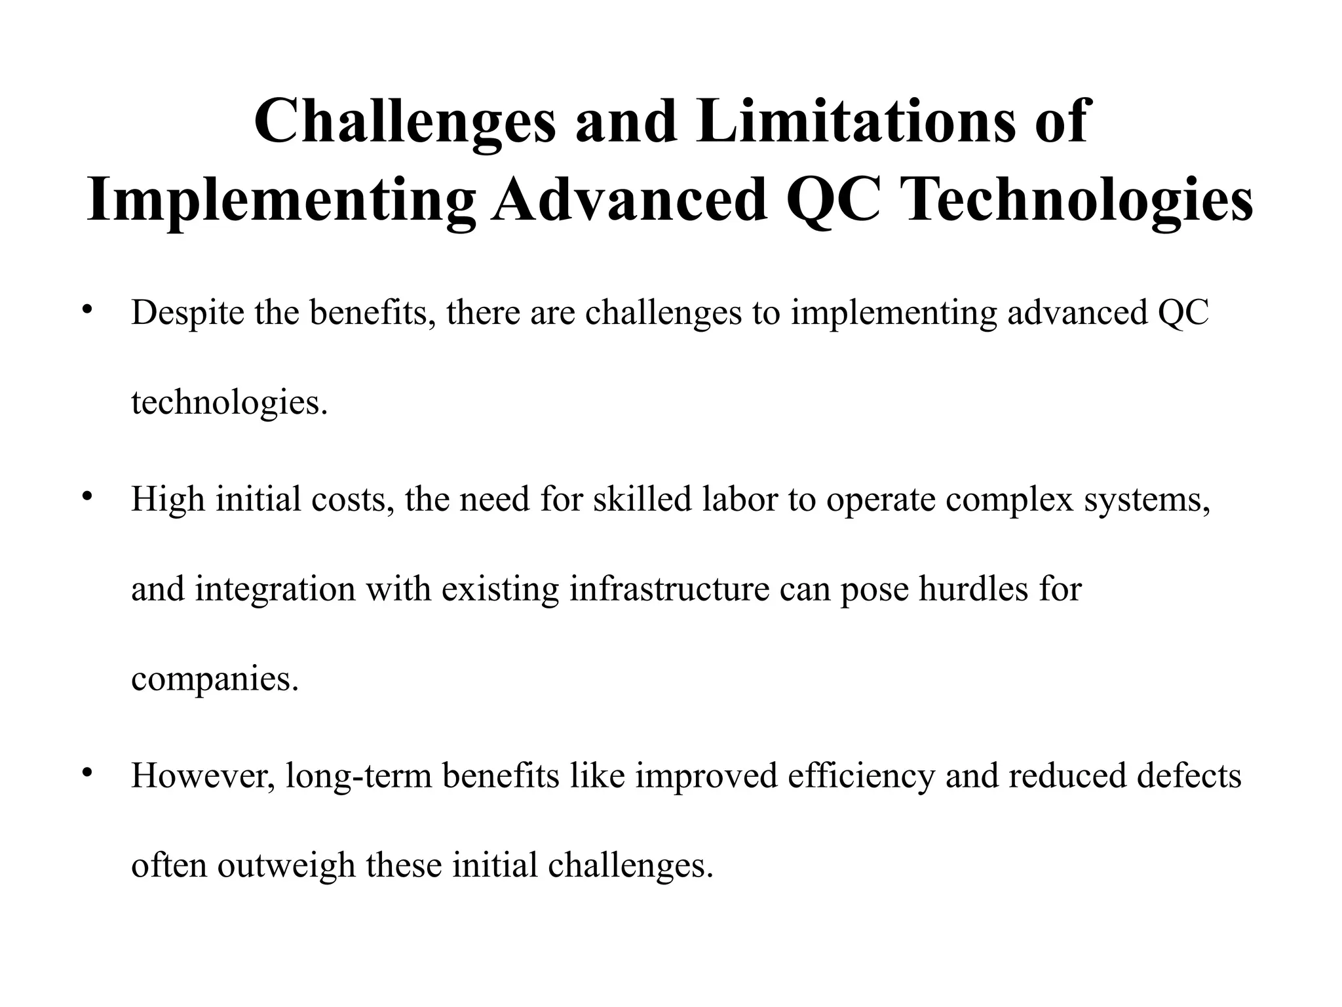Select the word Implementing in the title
coord(281,200)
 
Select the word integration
coord(275,589)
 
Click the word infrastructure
coord(669,588)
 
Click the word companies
coord(215,679)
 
